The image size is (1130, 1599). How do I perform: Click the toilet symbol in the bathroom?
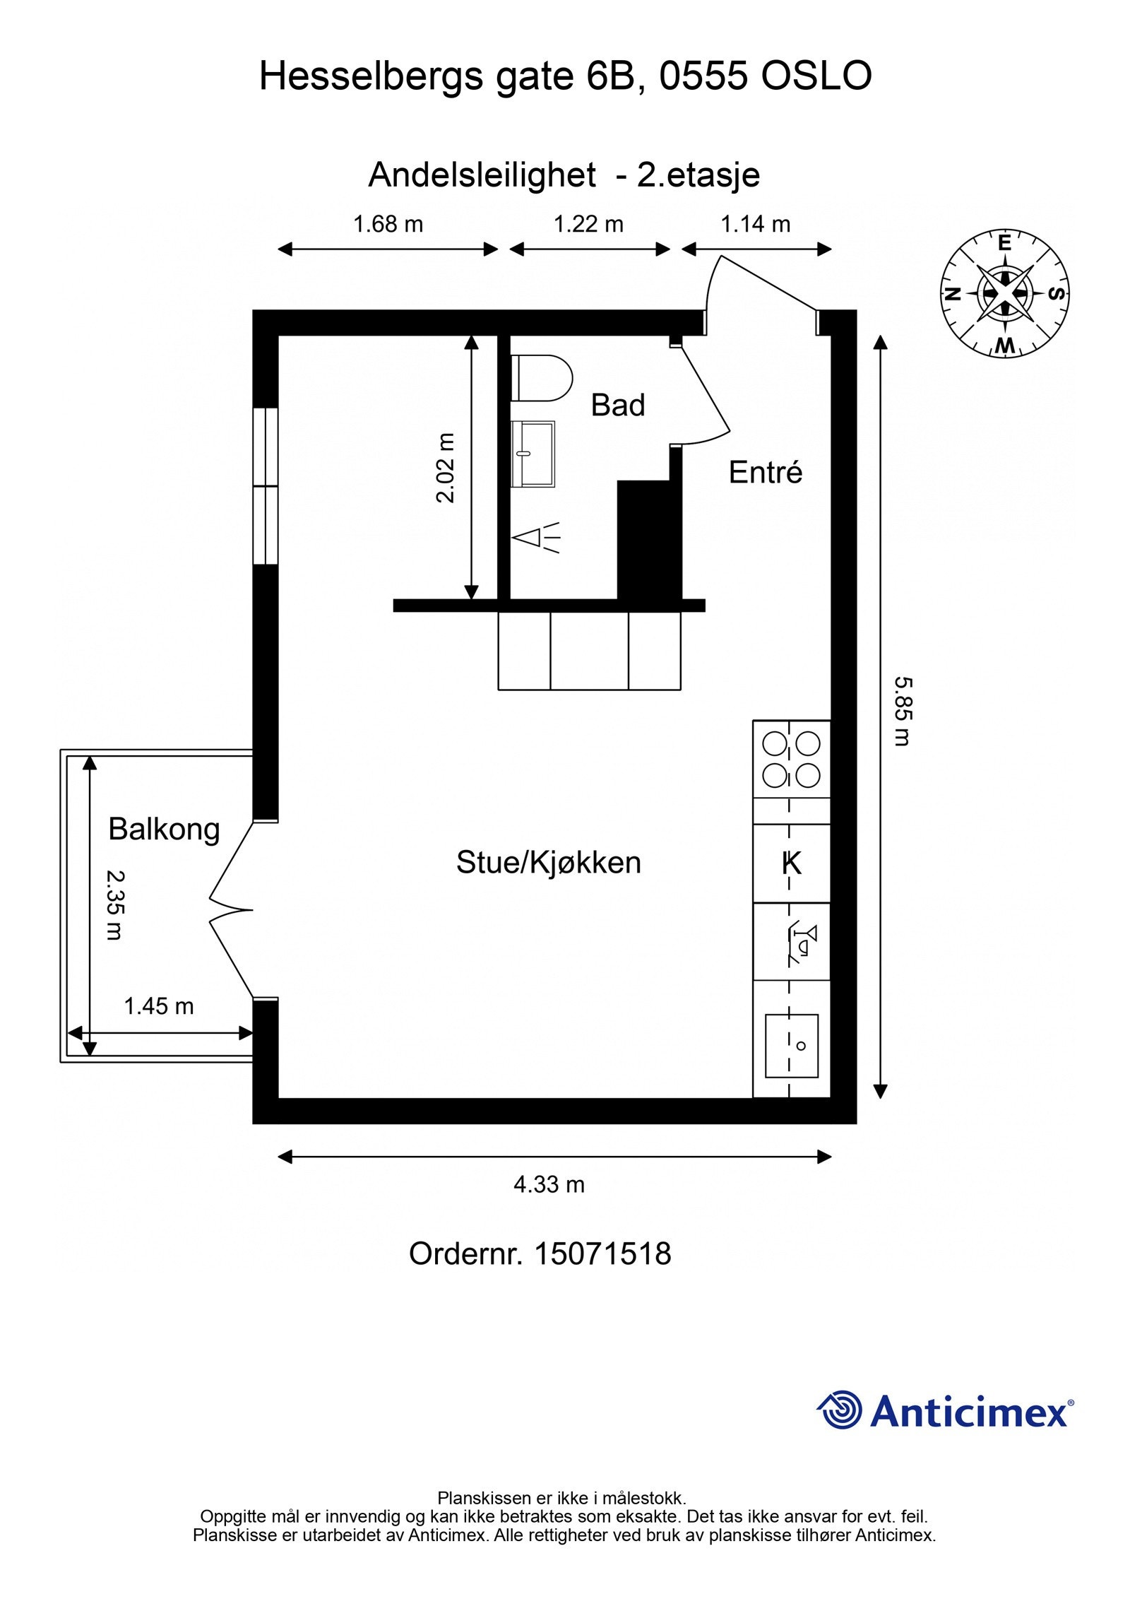coord(543,377)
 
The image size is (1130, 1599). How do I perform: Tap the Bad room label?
coord(618,406)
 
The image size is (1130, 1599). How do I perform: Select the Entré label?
coord(766,473)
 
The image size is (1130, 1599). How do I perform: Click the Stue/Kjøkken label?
coord(548,863)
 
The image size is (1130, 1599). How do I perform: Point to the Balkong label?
coord(164,829)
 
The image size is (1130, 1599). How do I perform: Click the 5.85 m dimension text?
coord(902,712)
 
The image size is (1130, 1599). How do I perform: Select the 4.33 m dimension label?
coord(549,1184)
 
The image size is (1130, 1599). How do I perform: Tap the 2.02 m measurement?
coord(446,467)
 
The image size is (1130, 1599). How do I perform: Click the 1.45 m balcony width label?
coord(159,1006)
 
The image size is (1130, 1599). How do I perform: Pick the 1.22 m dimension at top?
coord(588,225)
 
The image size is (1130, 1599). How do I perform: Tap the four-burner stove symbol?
coord(791,760)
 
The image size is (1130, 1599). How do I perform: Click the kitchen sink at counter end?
coord(792,1046)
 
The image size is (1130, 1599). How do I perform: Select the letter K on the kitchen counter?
coord(792,863)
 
